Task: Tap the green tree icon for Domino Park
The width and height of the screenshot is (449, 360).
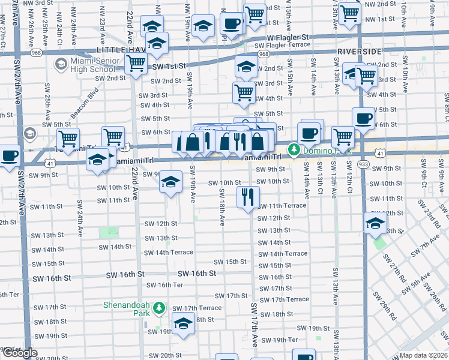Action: point(294,149)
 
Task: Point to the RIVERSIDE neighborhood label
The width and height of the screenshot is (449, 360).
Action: point(358,52)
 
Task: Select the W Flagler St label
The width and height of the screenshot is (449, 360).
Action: point(284,37)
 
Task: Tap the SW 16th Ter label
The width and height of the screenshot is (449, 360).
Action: point(164,285)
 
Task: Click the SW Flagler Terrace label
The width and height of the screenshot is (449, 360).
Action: point(282,45)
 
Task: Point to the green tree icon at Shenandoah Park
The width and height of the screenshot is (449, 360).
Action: point(158,309)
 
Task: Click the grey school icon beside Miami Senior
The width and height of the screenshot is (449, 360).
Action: point(61,64)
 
